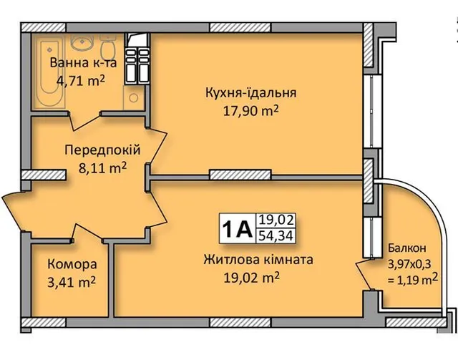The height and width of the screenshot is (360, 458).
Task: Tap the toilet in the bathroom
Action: point(107,46)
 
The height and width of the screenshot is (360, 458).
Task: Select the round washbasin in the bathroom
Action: point(82,42)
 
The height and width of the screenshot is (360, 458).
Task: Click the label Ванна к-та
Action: point(83,63)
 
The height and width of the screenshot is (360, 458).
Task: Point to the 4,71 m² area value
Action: point(81,80)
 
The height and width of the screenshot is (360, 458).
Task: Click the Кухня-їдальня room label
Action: point(251,92)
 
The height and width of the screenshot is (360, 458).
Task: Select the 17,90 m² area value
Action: point(251,111)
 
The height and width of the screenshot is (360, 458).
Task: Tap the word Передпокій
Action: point(102,150)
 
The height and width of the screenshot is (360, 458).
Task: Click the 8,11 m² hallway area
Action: point(102,168)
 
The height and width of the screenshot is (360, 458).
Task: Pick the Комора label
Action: point(72,264)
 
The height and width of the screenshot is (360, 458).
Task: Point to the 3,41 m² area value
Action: point(72,283)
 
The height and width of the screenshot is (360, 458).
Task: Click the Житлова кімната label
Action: point(258,260)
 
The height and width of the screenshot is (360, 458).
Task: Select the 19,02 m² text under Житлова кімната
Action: point(251,278)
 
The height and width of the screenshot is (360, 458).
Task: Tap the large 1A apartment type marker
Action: point(237,229)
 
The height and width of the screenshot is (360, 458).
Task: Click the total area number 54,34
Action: point(276,236)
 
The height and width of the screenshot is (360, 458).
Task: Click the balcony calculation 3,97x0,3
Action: point(409,264)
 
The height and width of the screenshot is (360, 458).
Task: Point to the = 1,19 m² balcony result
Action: point(413,279)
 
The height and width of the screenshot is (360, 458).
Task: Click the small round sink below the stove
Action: point(134,98)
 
